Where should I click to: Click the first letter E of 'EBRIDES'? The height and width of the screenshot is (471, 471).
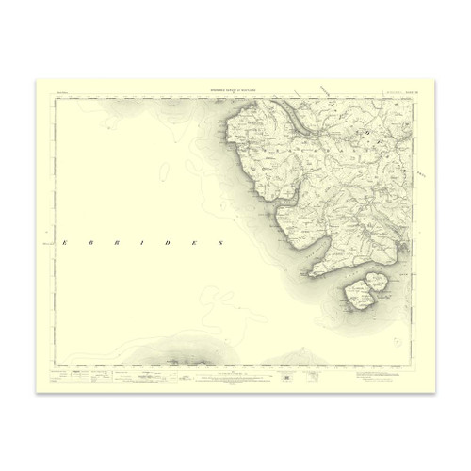(64, 242)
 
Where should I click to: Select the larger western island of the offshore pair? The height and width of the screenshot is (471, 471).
(357, 294)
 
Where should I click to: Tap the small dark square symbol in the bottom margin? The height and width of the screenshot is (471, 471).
(284, 377)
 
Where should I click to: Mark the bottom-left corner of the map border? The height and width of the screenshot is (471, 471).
(55, 365)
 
